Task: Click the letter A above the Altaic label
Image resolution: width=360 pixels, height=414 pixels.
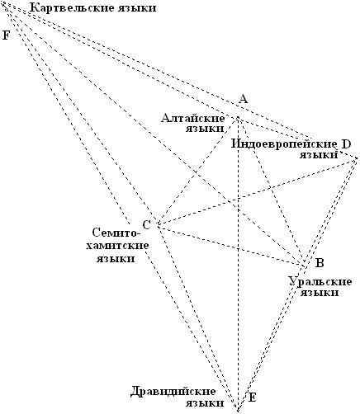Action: click(x=243, y=98)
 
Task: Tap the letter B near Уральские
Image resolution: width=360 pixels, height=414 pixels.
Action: click(x=320, y=263)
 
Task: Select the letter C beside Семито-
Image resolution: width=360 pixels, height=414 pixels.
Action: click(x=147, y=225)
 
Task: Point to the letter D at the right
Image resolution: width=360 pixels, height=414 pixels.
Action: click(x=346, y=144)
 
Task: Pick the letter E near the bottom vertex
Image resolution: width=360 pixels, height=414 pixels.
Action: click(x=252, y=398)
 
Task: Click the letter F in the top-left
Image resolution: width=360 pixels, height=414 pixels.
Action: click(x=6, y=35)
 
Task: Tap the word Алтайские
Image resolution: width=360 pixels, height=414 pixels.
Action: click(x=193, y=119)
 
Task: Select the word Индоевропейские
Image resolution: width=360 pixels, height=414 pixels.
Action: click(x=284, y=143)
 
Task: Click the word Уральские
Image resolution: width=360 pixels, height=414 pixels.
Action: click(x=320, y=281)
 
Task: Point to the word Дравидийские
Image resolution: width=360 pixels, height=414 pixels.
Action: click(x=173, y=392)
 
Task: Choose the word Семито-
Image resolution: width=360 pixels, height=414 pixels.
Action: click(x=115, y=233)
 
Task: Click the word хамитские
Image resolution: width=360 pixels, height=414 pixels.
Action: click(x=117, y=246)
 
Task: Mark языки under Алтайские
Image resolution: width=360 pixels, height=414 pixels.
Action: click(x=205, y=129)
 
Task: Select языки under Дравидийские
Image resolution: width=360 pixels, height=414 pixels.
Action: click(x=205, y=403)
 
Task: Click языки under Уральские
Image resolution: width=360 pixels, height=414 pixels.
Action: click(x=320, y=293)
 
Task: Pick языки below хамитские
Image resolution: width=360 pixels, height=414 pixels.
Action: click(x=116, y=259)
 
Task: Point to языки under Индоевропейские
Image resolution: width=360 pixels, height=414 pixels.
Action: click(x=319, y=155)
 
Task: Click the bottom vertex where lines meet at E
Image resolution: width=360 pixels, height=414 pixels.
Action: click(x=237, y=409)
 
